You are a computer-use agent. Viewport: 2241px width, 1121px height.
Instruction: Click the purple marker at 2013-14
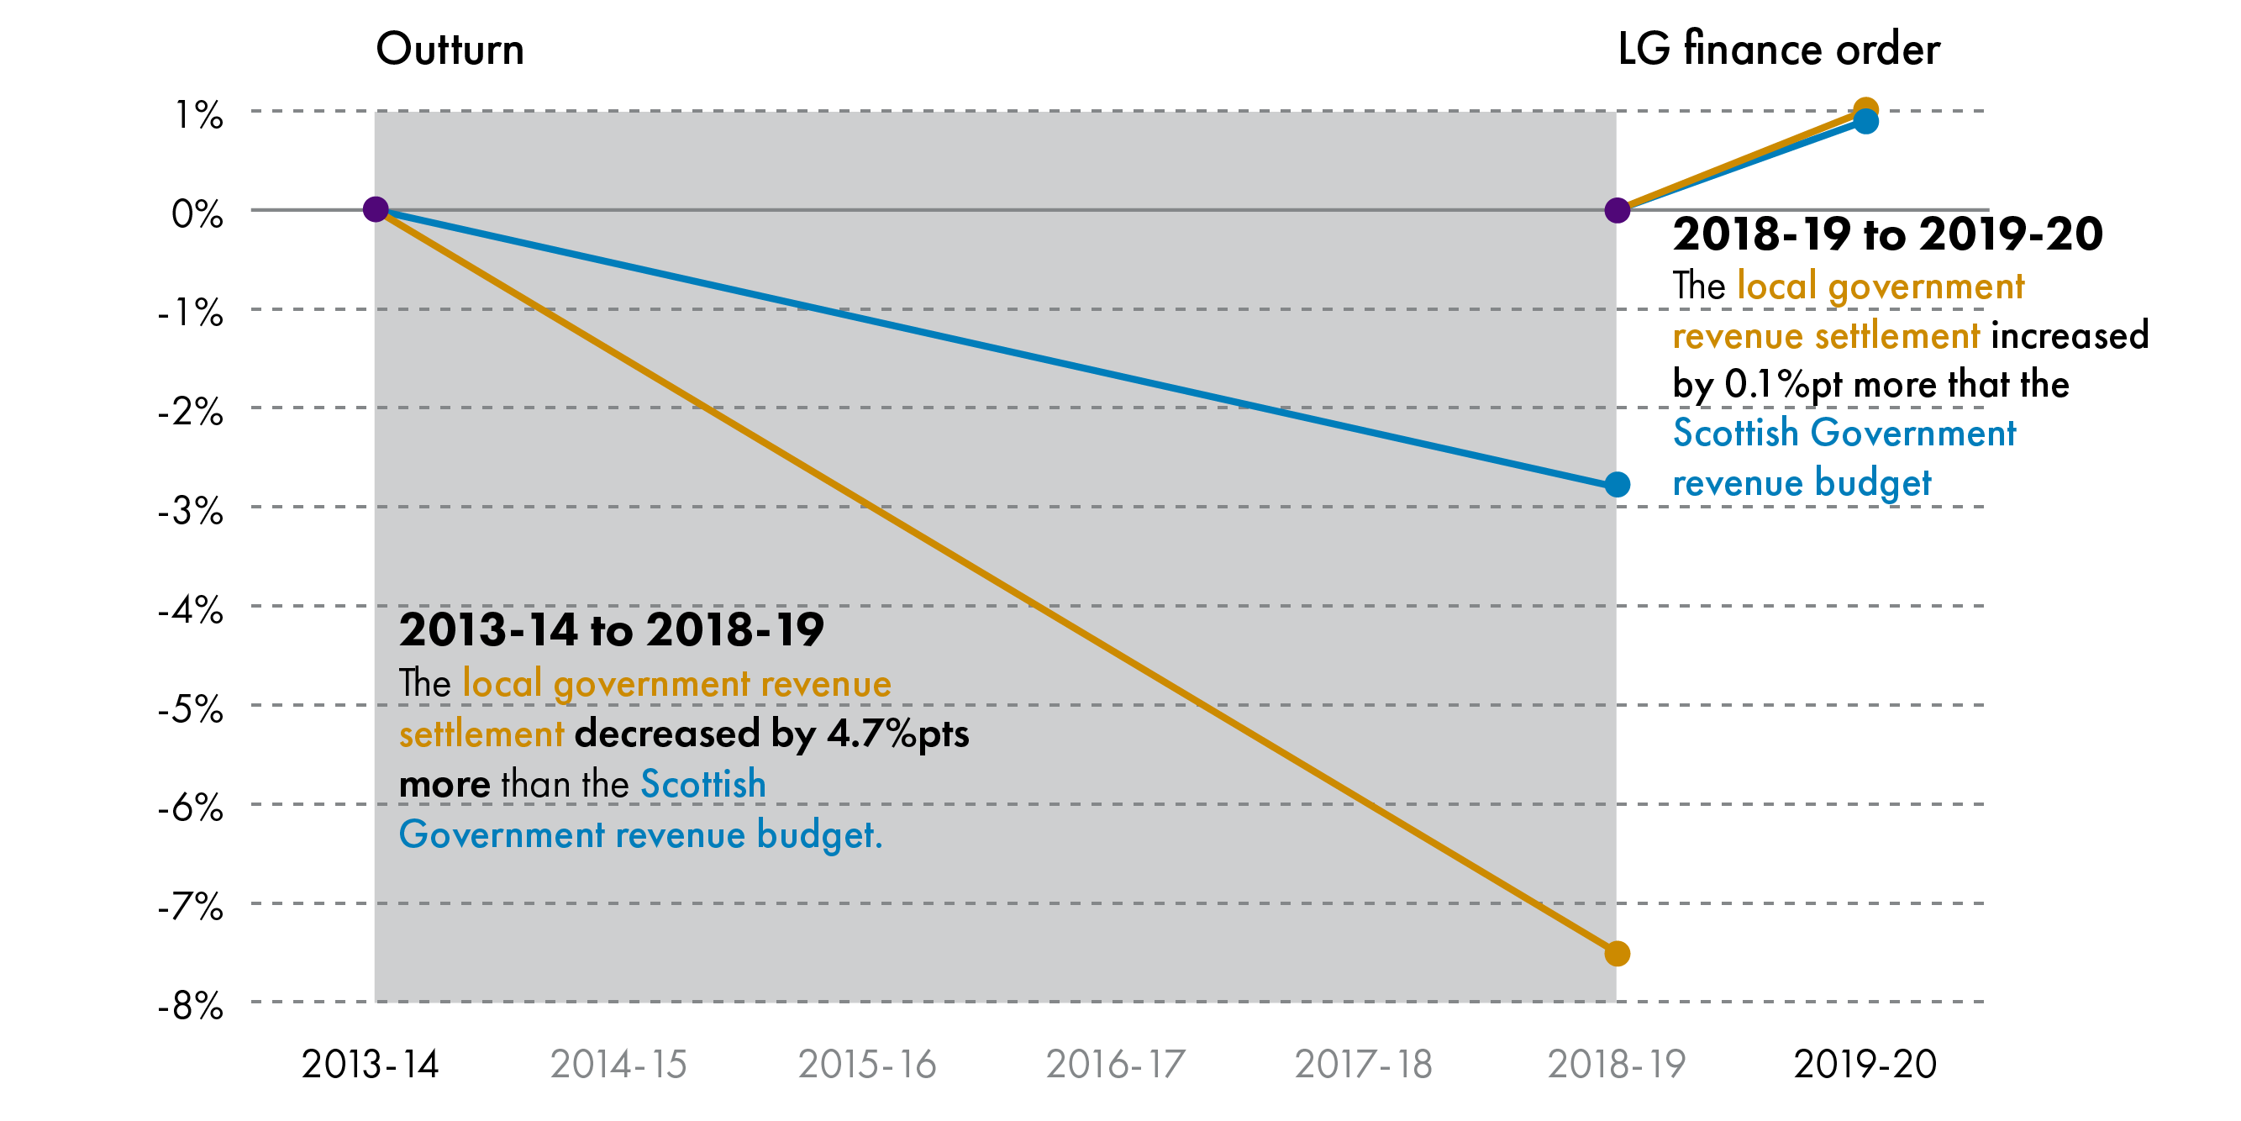pos(375,210)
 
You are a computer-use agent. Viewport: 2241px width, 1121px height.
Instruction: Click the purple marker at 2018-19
pos(1617,210)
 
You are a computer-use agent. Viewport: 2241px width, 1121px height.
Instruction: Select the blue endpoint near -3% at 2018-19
pos(1617,485)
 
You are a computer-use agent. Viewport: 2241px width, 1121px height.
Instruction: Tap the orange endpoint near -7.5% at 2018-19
pos(1617,954)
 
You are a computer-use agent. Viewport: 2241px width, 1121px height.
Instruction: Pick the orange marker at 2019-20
pos(1865,108)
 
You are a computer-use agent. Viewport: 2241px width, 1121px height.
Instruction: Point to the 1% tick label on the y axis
pos(199,115)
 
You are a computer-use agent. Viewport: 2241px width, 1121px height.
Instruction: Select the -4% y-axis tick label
pos(191,610)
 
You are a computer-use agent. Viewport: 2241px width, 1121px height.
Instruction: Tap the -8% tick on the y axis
pos(191,1007)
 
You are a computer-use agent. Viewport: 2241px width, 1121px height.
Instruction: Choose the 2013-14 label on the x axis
pos(370,1065)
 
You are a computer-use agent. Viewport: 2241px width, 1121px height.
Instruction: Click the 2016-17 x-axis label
pos(1114,1065)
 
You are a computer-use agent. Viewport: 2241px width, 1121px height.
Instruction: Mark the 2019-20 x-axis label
pos(1865,1065)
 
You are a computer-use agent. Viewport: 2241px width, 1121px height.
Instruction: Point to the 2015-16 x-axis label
pos(866,1065)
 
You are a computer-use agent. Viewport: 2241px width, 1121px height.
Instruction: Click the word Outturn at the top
pos(450,49)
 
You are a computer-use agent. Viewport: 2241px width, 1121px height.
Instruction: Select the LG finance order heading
pos(1778,49)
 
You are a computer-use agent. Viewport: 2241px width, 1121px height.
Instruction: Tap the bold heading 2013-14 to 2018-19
pos(611,629)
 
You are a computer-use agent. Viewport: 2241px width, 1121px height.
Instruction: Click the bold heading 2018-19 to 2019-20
pos(1887,234)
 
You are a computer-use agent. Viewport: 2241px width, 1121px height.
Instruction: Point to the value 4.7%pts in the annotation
pos(897,734)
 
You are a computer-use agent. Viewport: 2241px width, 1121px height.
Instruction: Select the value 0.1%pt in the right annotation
pos(1782,385)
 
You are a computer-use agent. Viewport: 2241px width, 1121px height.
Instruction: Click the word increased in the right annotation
pos(2070,336)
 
